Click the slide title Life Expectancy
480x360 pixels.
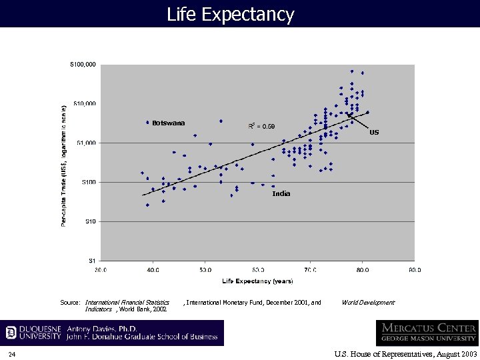tap(230, 14)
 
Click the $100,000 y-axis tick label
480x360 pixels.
tap(83, 65)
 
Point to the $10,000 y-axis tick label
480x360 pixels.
tap(84, 103)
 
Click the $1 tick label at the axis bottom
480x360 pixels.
tap(92, 260)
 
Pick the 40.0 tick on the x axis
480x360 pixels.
tap(153, 270)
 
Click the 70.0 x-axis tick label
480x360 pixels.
tap(310, 270)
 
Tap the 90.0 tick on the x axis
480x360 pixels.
tap(415, 270)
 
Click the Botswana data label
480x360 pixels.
tap(168, 123)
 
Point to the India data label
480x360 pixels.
tap(281, 193)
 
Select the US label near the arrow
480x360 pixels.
tap(374, 133)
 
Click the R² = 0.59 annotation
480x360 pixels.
tap(261, 126)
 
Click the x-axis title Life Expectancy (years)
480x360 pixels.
tap(257, 281)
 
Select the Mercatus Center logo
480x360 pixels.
tap(427, 332)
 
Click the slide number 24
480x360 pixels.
tap(13, 353)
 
